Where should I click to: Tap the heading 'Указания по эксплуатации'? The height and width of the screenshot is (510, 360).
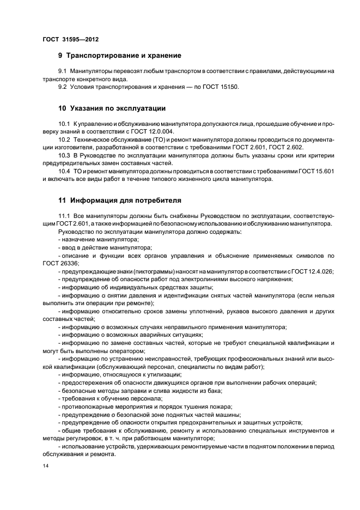coord(115,108)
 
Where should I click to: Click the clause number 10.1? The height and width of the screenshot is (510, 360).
coord(64,124)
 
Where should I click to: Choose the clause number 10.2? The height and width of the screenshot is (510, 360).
coord(64,140)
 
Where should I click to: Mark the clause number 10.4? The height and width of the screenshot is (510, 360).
coord(64,172)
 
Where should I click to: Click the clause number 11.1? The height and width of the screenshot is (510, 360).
coord(64,216)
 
